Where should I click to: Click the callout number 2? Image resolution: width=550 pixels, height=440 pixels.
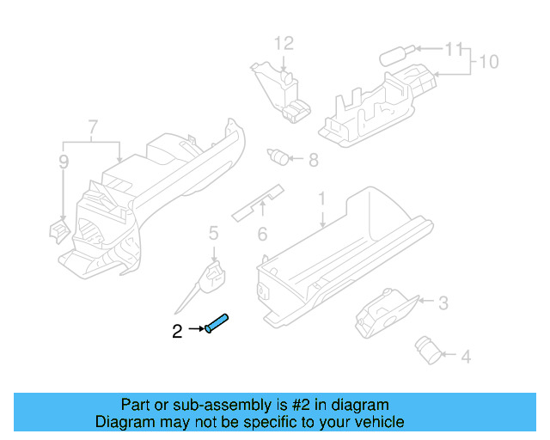click(x=177, y=331)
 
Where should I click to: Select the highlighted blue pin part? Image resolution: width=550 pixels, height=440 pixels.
click(x=217, y=324)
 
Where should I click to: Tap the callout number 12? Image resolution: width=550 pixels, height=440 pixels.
click(x=284, y=43)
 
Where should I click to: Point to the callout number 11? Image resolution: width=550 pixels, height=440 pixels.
click(x=454, y=49)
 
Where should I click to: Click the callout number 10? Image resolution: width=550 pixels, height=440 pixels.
click(x=488, y=62)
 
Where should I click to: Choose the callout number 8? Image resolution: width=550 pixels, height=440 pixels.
click(x=313, y=159)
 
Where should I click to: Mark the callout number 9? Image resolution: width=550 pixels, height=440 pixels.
click(x=64, y=162)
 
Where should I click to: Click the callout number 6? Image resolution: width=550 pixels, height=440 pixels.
click(x=263, y=233)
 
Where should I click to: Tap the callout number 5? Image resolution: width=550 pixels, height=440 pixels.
click(x=213, y=231)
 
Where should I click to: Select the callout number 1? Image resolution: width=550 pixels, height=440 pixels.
click(x=322, y=199)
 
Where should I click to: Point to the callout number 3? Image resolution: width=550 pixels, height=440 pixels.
click(x=443, y=302)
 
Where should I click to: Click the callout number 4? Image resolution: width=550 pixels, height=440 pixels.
click(x=465, y=355)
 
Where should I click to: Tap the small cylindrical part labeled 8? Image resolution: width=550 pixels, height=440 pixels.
click(x=278, y=156)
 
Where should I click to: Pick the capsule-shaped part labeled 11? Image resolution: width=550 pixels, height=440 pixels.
click(x=394, y=55)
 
